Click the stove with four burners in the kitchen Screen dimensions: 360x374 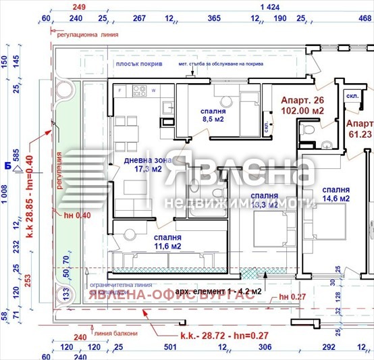click(x=140, y=90)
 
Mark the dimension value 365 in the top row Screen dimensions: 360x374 click(x=214, y=18)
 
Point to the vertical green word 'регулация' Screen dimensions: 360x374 click(x=59, y=172)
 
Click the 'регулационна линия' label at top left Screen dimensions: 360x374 click(x=87, y=32)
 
